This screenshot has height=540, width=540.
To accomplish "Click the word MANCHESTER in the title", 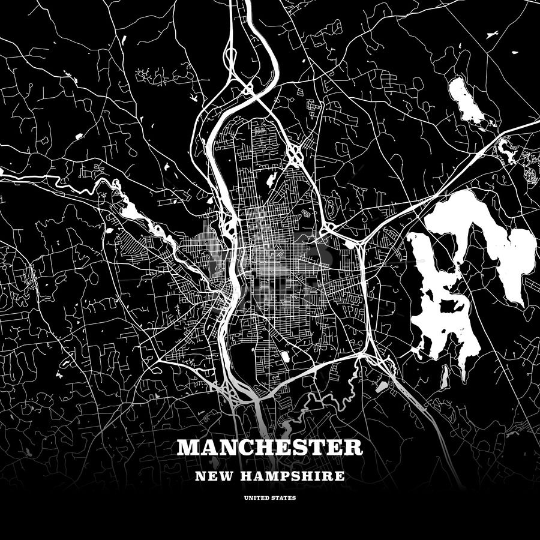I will tap(269, 448).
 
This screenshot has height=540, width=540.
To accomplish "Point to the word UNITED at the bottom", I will tap(256, 498).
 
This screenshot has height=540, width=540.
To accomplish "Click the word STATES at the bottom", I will tap(283, 498).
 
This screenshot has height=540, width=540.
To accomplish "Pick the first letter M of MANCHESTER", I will tap(187, 448).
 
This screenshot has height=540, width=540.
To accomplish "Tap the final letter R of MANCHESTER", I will tap(354, 448).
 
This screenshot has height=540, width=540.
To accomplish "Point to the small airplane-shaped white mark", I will tap(193, 98).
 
